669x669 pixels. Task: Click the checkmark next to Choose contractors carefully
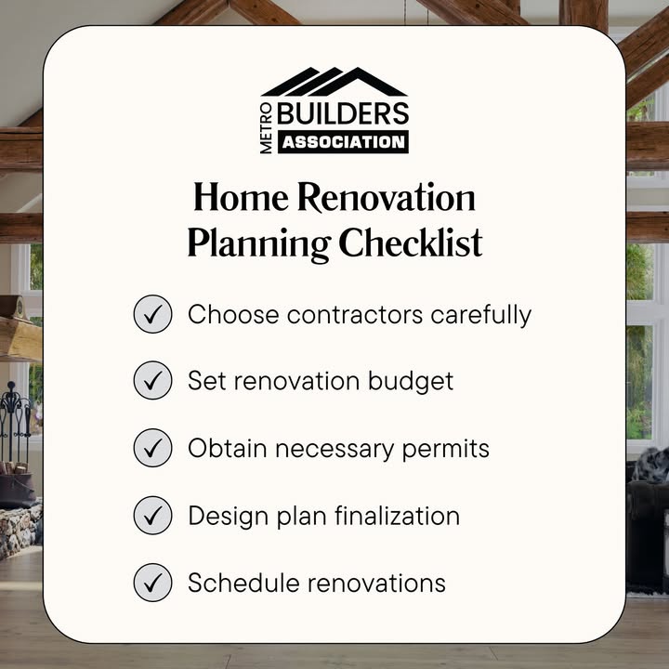point(152,314)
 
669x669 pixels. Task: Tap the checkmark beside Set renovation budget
point(152,380)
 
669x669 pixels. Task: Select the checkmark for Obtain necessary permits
point(152,448)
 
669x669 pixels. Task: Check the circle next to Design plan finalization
point(152,515)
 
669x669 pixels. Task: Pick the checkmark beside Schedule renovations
point(152,583)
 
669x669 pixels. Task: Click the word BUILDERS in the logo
point(343,113)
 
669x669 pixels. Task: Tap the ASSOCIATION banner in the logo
point(343,142)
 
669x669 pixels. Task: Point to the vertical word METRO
point(267,128)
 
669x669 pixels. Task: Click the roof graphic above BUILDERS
point(334,82)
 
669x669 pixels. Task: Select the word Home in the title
point(241,197)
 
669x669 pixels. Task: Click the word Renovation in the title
point(387,197)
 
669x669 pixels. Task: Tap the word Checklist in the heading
point(411,243)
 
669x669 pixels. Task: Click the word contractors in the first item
point(355,315)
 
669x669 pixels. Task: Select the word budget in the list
point(411,381)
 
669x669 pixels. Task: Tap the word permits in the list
point(445,450)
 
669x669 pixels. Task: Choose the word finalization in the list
point(398,516)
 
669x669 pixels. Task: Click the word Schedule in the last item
point(243,583)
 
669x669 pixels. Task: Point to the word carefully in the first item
point(481,316)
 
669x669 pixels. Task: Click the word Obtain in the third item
point(228,449)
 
